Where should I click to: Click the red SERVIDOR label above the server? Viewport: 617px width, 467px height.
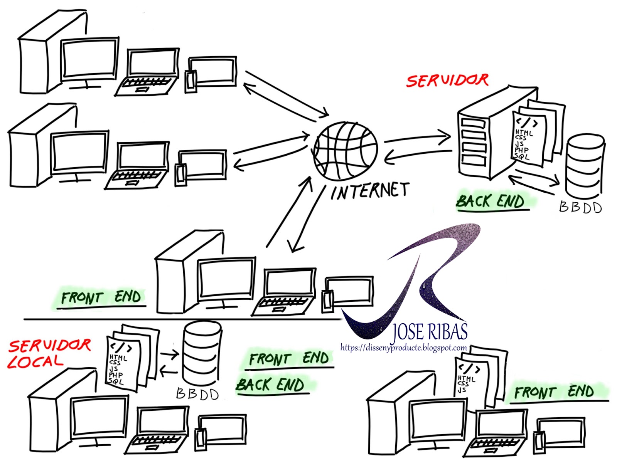pyautogui.click(x=447, y=81)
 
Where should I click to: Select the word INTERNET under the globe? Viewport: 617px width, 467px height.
pyautogui.click(x=369, y=191)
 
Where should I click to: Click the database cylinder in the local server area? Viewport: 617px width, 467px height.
pyautogui.click(x=202, y=353)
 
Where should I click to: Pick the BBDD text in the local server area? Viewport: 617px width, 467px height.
pyautogui.click(x=197, y=394)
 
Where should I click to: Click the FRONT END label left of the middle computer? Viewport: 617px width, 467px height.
pyautogui.click(x=101, y=297)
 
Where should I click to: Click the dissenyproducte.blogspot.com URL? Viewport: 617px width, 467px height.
pyautogui.click(x=403, y=348)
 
